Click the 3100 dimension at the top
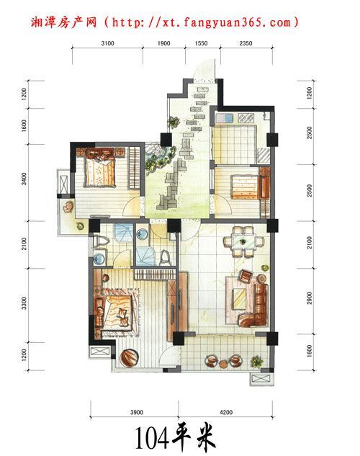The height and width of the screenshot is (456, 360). pyautogui.click(x=107, y=43)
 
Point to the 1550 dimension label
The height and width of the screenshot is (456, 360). pyautogui.click(x=201, y=43)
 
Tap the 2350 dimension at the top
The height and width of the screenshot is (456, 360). pyautogui.click(x=246, y=43)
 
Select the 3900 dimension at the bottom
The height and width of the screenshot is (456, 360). pyautogui.click(x=137, y=412)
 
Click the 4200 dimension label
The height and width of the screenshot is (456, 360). pyautogui.click(x=226, y=412)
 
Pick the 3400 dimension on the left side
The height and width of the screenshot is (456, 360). pyautogui.click(x=24, y=179)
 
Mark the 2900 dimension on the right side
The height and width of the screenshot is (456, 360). pyautogui.click(x=310, y=298)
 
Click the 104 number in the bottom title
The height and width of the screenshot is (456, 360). pyautogui.click(x=152, y=438)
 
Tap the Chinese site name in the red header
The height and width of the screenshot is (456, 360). pyautogui.click(x=63, y=22)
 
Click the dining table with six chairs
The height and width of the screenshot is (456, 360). pyautogui.click(x=243, y=241)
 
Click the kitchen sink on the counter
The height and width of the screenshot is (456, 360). pyautogui.click(x=225, y=117)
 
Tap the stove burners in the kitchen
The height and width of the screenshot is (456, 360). pyautogui.click(x=246, y=117)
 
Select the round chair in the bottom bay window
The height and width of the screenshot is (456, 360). pyautogui.click(x=128, y=358)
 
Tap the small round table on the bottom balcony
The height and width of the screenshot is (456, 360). pyautogui.click(x=223, y=364)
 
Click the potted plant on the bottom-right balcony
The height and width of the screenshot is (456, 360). pyautogui.click(x=257, y=362)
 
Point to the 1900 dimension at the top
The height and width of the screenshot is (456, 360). pyautogui.click(x=163, y=43)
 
